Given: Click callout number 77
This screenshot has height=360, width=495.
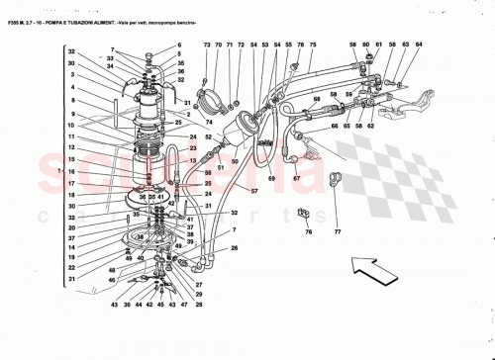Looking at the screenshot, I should (338, 233).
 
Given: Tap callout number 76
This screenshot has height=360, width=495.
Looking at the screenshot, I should (308, 233).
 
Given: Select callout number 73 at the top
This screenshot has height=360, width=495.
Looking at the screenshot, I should (207, 45).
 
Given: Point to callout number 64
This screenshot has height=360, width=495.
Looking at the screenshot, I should (418, 45).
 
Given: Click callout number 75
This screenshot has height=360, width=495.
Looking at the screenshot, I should (313, 45).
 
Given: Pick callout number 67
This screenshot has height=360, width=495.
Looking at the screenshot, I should (295, 178).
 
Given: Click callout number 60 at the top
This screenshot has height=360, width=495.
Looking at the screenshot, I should (366, 45).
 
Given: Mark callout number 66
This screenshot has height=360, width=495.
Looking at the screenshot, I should (334, 126).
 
